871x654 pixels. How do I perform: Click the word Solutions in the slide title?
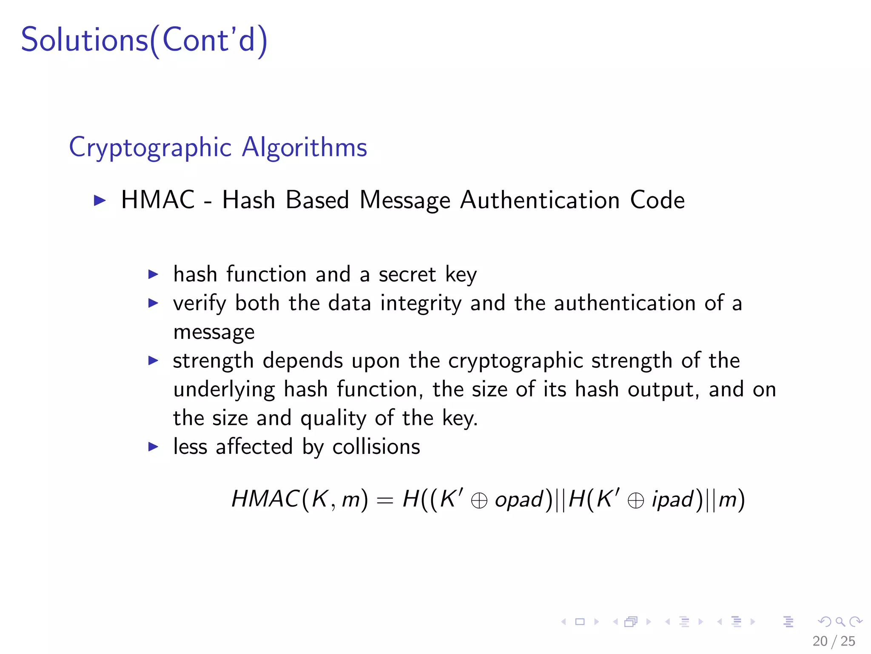pyautogui.click(x=84, y=40)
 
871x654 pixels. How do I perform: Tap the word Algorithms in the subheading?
pyautogui.click(x=304, y=148)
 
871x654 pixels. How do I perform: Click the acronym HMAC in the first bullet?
pyautogui.click(x=158, y=200)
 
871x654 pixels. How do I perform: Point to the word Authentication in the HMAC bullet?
pyautogui.click(x=540, y=200)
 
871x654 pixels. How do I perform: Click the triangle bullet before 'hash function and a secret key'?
pyautogui.click(x=153, y=274)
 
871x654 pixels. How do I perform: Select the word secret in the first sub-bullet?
pyautogui.click(x=407, y=274)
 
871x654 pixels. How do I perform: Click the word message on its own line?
pyautogui.click(x=214, y=332)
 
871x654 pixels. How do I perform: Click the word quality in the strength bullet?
pyautogui.click(x=333, y=418)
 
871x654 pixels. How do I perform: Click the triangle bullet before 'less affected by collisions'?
pyautogui.click(x=153, y=447)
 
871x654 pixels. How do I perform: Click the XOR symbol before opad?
pyautogui.click(x=479, y=501)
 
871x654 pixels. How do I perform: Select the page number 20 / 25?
pyautogui.click(x=834, y=641)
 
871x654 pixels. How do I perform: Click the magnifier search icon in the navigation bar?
pyautogui.click(x=840, y=622)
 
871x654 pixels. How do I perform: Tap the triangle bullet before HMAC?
pyautogui.click(x=100, y=200)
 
